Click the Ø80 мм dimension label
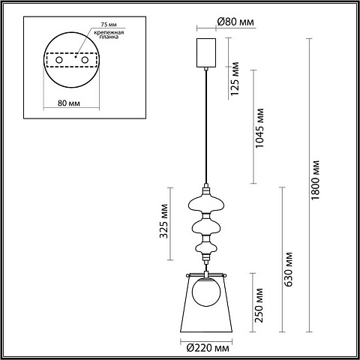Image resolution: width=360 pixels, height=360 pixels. click(235, 22)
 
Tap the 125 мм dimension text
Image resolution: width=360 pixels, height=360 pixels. click(235, 79)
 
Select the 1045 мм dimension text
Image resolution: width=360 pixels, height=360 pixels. click(259, 128)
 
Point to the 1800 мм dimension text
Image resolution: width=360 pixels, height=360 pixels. click(316, 180)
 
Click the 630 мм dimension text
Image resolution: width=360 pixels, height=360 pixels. click(289, 269)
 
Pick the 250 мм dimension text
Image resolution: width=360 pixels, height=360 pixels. click(259, 305)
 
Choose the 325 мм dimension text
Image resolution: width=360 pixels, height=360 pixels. click(163, 221)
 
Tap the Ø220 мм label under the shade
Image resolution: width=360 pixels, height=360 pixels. click(208, 348)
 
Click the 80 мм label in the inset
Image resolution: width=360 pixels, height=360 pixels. click(69, 103)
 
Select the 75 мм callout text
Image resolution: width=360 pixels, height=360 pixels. click(109, 25)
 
